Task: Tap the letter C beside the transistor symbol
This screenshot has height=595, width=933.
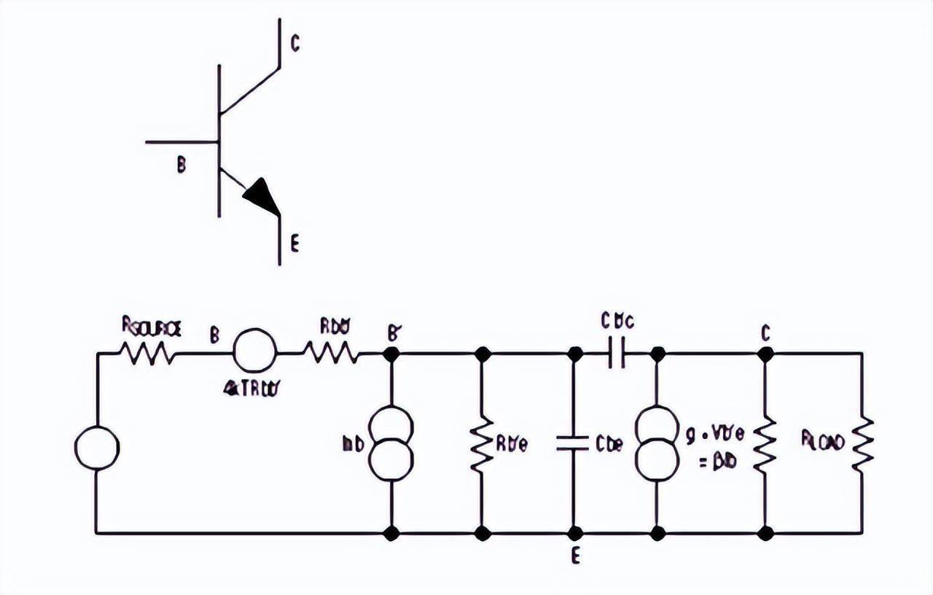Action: point(294,44)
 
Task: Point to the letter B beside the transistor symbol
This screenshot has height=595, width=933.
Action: point(181,166)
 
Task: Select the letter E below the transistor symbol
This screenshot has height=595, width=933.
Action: point(294,245)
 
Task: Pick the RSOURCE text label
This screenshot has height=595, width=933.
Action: point(152,330)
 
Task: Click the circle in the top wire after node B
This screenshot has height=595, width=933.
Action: point(255,351)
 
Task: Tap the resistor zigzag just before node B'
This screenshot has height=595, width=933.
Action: point(332,354)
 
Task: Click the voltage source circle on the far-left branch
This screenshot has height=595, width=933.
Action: point(97,448)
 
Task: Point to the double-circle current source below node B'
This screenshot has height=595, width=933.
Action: point(391,443)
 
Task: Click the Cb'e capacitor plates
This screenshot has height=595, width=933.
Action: point(573,443)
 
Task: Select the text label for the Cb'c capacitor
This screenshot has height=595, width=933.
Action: point(617,321)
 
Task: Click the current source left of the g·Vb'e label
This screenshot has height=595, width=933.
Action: point(657,443)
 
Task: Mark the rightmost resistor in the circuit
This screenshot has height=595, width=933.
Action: point(863,443)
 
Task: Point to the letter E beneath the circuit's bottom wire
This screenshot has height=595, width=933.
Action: point(576,556)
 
